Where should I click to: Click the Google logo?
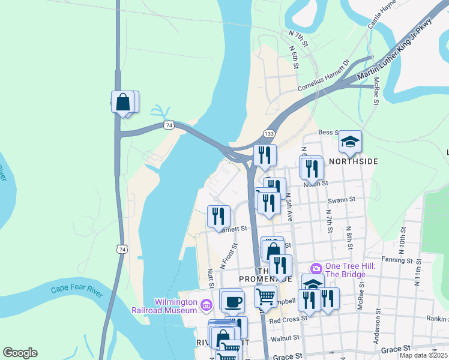click(20, 353)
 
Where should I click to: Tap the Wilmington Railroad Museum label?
click(167, 306)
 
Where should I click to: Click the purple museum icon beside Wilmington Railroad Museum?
click(206, 307)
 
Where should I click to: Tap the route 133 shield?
click(270, 133)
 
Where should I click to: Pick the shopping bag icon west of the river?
click(123, 103)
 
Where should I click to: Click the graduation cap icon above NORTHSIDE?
click(350, 142)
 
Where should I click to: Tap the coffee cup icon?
click(232, 301)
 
